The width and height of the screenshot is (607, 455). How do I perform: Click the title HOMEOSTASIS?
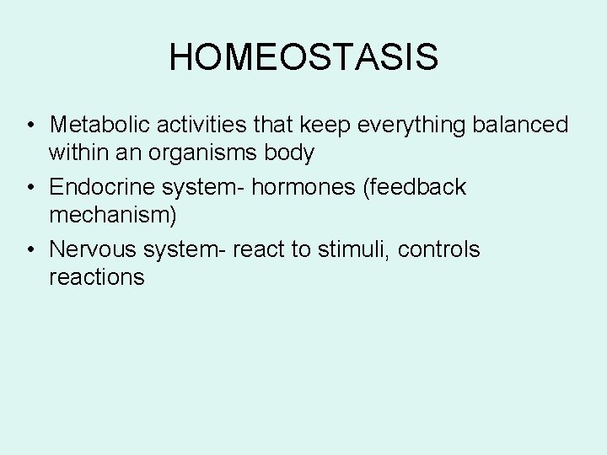(303, 57)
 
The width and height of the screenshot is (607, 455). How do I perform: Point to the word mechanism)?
(113, 216)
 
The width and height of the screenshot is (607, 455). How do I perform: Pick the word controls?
(438, 249)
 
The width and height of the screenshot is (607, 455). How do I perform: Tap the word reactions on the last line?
(97, 277)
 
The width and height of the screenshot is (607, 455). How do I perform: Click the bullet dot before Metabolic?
(30, 126)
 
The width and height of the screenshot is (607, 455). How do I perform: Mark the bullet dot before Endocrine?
(30, 188)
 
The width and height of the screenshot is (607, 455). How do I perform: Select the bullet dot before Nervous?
(30, 250)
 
